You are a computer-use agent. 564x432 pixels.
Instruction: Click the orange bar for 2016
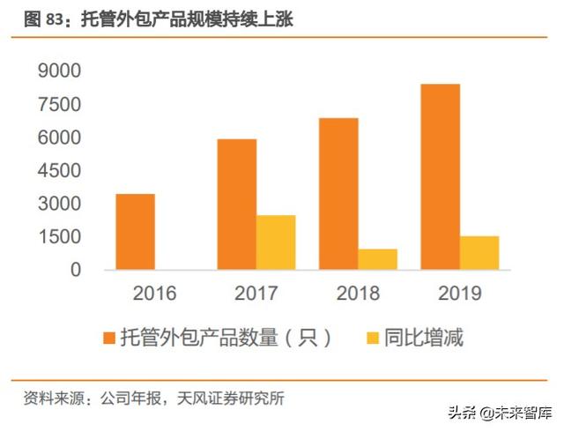pos(135,232)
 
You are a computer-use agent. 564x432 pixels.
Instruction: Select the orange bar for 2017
pos(236,205)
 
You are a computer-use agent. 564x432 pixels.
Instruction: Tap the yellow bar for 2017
pos(276,242)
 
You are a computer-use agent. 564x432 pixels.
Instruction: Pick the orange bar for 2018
pos(338,194)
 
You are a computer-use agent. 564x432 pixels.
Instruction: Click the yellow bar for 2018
pos(377,259)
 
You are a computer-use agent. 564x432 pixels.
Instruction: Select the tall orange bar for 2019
pos(440,176)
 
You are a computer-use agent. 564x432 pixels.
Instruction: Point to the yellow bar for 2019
pos(479,252)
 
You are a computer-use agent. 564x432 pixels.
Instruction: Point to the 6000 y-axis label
pos(59,138)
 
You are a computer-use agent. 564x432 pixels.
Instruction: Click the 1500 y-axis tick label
pos(59,236)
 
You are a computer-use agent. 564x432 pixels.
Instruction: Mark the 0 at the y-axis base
pos(76,270)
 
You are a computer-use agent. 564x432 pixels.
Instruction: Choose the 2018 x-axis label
pos(358,294)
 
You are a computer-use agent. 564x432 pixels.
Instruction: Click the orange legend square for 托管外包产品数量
pos(110,338)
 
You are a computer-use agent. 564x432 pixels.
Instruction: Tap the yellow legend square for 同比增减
pos(372,338)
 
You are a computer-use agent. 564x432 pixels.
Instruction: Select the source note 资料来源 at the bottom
pos(154,398)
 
